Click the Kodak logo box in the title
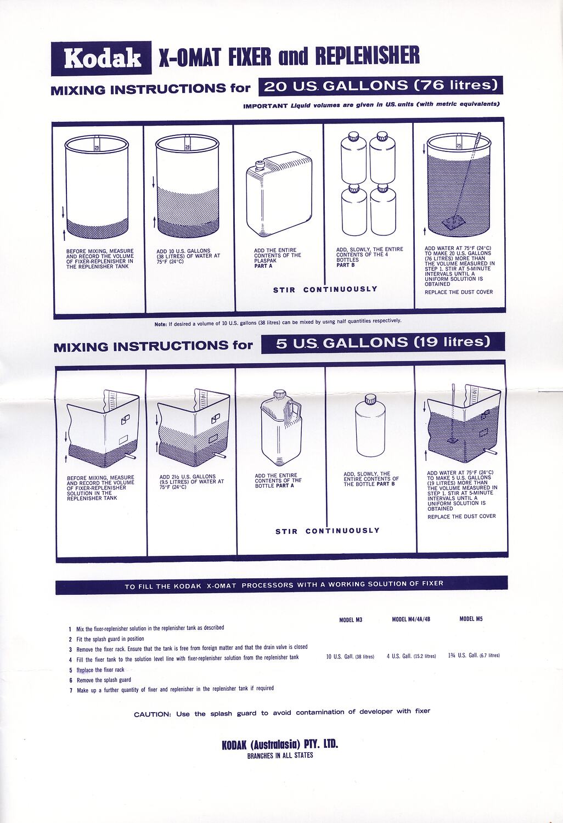[102, 58]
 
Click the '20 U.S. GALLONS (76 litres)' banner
[381, 86]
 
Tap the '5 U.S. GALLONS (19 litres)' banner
[382, 342]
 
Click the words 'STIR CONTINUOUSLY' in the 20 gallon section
[325, 289]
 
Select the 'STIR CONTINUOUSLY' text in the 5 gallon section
[327, 531]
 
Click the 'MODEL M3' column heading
[351, 620]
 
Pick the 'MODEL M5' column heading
[471, 619]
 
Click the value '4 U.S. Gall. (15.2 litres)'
[411, 656]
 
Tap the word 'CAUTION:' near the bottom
[153, 714]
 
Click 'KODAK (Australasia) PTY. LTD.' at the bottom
[280, 745]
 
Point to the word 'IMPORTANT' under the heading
[265, 105]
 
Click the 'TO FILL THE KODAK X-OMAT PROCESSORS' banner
[281, 585]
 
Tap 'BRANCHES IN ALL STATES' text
[280, 756]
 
